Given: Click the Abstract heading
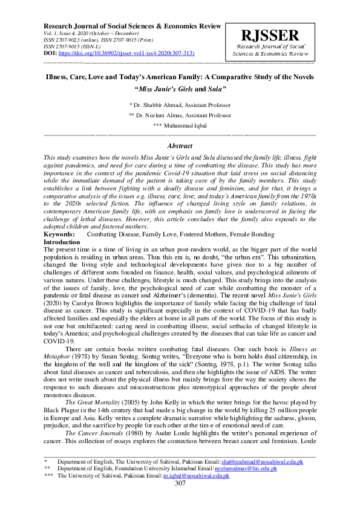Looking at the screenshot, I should click(x=180, y=146).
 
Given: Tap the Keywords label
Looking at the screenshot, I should click(x=60, y=234).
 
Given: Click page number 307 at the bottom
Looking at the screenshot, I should click(x=180, y=500).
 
